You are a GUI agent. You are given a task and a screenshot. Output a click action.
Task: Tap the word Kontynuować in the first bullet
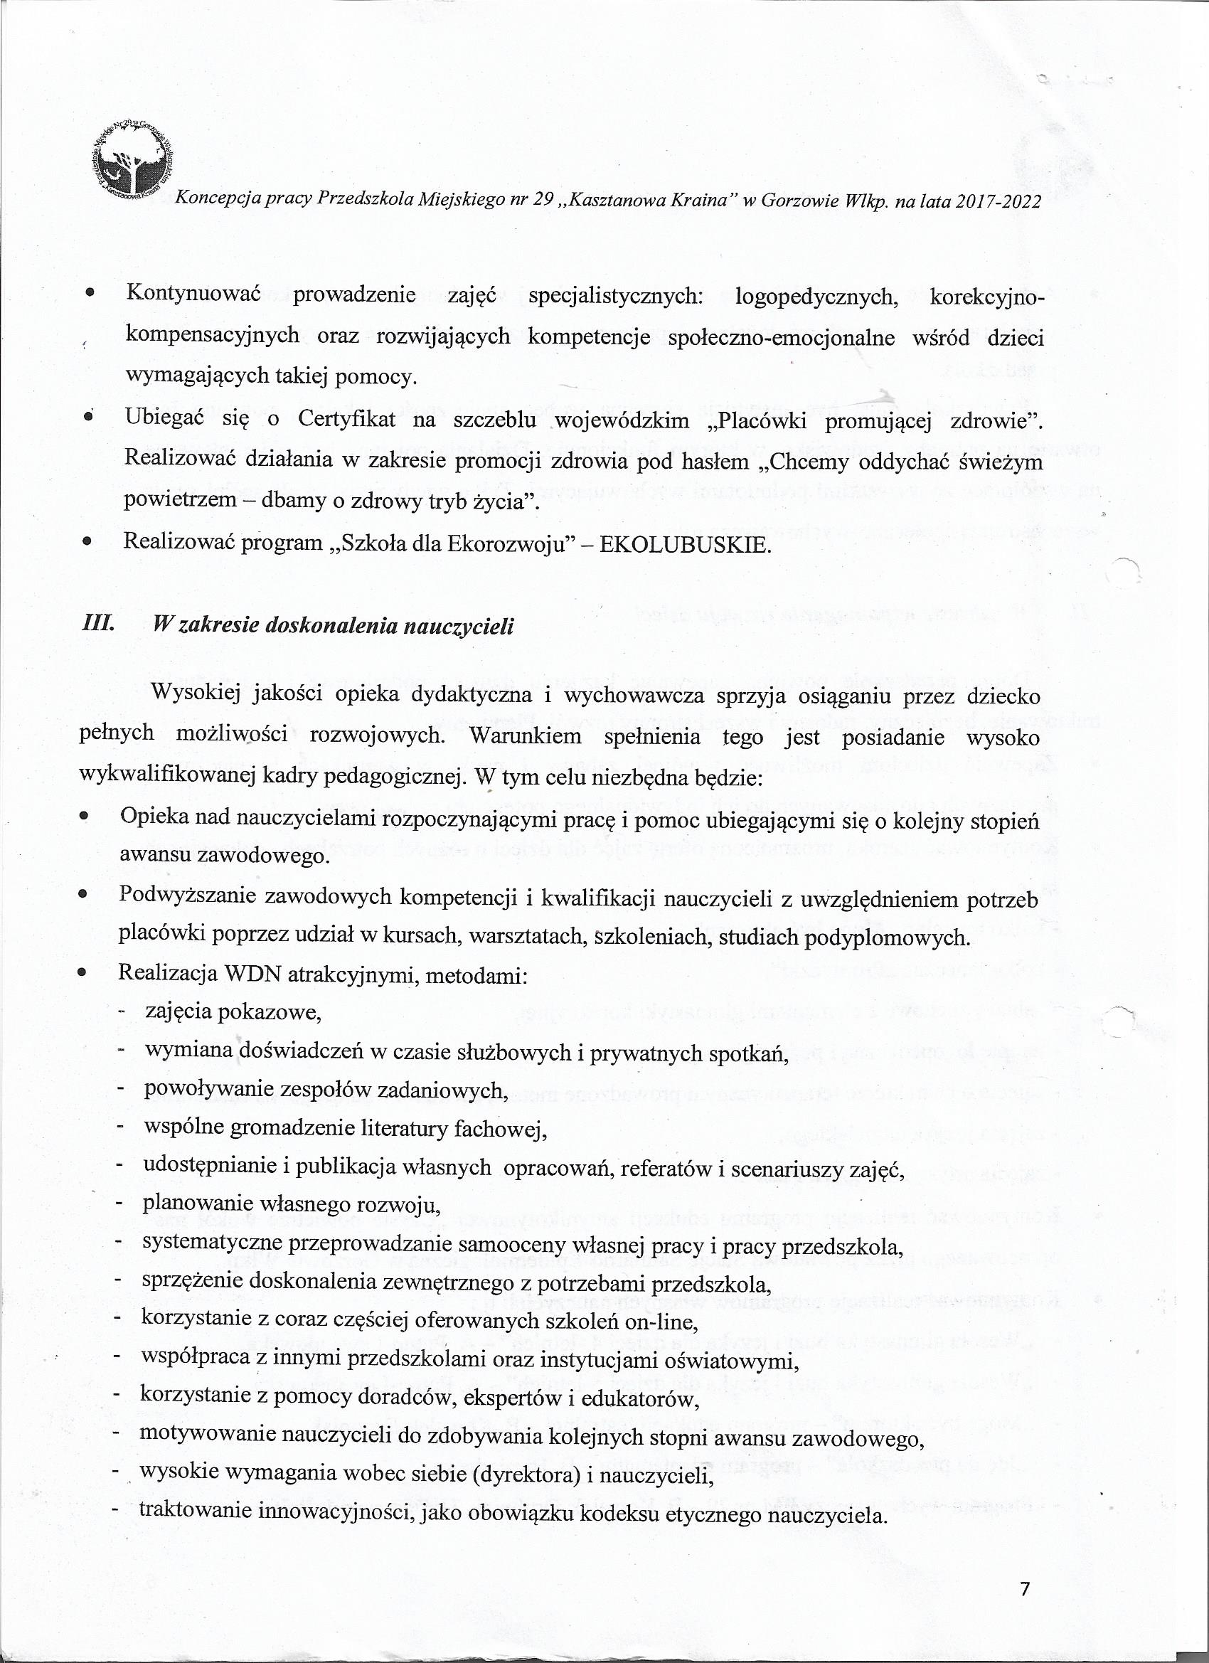tap(194, 294)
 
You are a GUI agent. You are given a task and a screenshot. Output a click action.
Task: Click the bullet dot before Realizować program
tap(87, 544)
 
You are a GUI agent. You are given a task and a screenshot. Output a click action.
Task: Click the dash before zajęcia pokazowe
tap(121, 1013)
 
